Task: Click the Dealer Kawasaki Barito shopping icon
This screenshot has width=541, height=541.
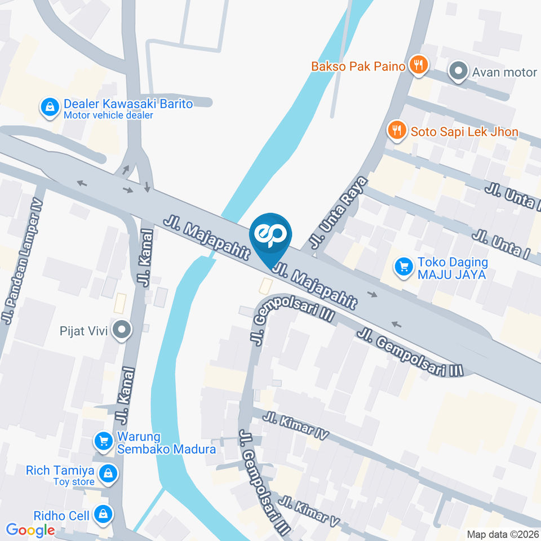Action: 50,107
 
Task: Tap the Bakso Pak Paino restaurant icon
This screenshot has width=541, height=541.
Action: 418,65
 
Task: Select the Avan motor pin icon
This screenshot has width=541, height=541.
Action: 458,72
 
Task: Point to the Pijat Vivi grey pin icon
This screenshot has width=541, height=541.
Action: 121,330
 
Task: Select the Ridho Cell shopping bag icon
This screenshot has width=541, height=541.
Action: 104,513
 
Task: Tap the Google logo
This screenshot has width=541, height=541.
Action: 30,530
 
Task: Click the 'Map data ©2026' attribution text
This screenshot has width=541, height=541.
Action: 503,534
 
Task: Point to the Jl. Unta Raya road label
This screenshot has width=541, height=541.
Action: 337,213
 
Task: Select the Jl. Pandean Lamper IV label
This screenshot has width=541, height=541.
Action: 23,262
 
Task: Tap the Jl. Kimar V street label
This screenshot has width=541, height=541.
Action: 311,511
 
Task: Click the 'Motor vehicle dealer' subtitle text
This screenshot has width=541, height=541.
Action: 108,116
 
